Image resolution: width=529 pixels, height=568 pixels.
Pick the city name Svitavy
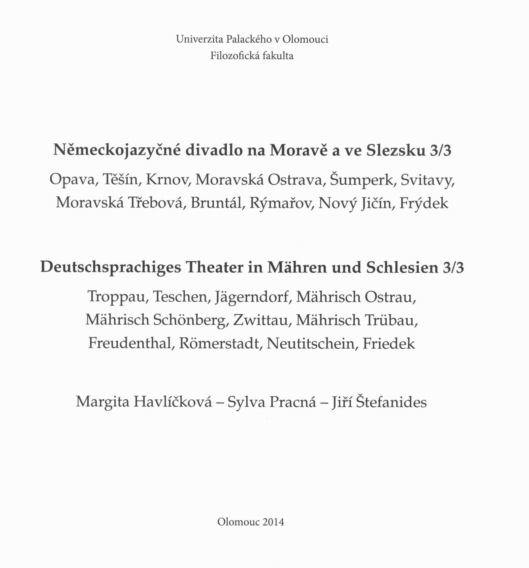(x=427, y=180)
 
